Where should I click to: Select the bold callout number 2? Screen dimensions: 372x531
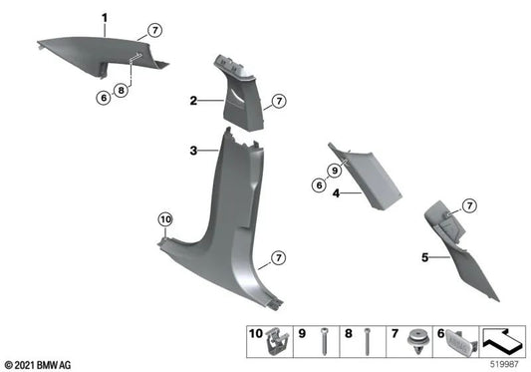(195, 101)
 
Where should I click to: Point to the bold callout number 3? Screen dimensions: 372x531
(194, 151)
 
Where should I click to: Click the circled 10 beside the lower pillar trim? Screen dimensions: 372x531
(165, 218)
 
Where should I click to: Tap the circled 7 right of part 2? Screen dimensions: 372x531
(279, 102)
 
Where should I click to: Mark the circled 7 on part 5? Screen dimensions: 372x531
(470, 205)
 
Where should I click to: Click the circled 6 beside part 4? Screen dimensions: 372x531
(318, 185)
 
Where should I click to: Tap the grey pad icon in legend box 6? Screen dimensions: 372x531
(462, 342)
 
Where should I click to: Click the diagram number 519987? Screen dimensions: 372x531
(506, 364)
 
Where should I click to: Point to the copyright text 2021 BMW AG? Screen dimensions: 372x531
(39, 363)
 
